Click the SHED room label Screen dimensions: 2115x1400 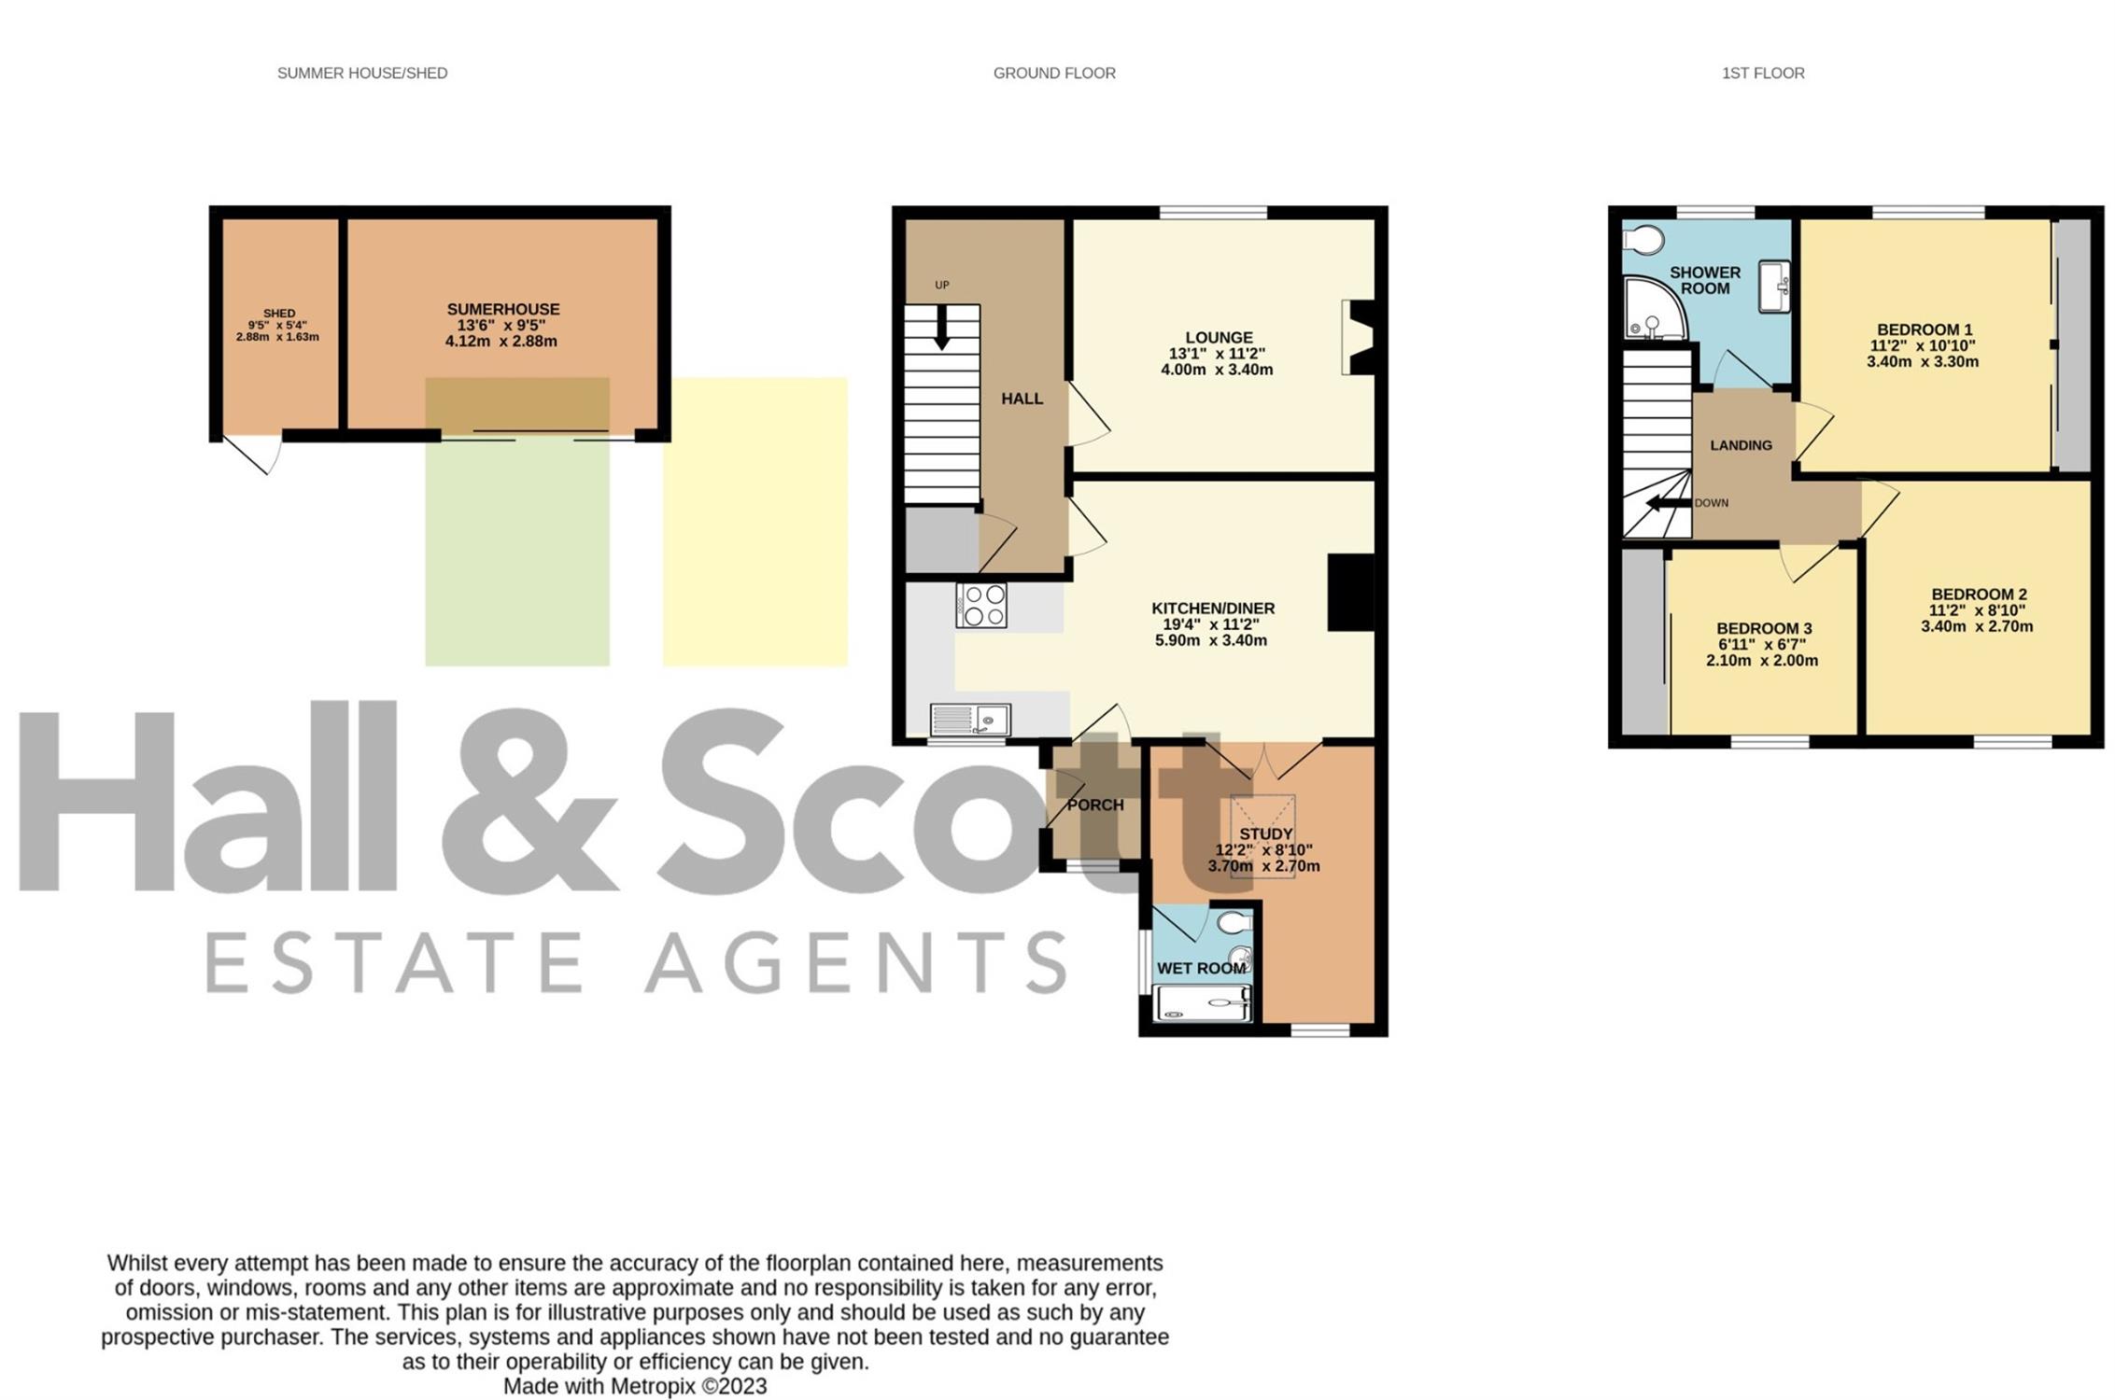click(278, 314)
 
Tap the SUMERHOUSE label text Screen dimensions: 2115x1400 click(502, 309)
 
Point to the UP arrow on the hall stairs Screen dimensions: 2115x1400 click(941, 328)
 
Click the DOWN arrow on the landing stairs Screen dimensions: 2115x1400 click(1668, 504)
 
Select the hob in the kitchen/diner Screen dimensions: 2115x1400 click(981, 605)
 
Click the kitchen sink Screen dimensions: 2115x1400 click(970, 721)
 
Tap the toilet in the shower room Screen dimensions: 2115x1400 click(1643, 240)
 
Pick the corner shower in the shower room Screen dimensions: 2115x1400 click(1655, 308)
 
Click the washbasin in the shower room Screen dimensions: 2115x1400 click(1774, 287)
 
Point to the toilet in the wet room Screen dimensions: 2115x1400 click(1234, 922)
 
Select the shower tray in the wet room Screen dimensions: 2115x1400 click(1203, 1003)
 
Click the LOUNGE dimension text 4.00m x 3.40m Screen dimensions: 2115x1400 click(1217, 370)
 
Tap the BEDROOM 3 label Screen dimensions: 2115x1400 click(1764, 628)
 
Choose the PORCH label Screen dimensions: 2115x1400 click(1095, 805)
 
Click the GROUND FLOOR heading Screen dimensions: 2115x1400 click(1054, 73)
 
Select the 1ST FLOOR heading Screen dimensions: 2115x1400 click(1763, 73)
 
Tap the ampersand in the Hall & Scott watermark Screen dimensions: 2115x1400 click(529, 799)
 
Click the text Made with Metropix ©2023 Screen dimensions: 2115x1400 click(635, 1386)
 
